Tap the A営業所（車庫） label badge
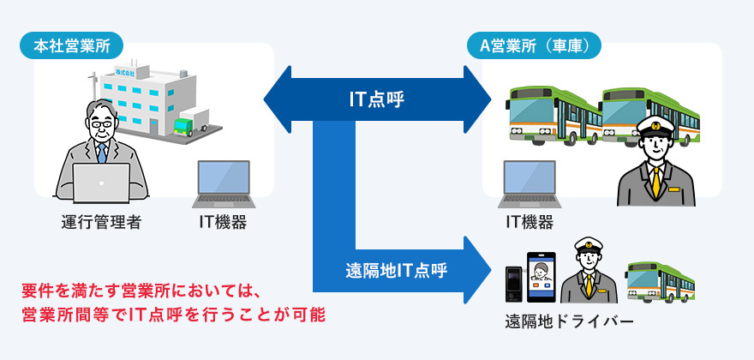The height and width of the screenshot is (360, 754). pyautogui.click(x=533, y=45)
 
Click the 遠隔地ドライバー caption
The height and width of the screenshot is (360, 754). pyautogui.click(x=569, y=323)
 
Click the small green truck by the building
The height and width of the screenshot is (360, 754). pyautogui.click(x=185, y=127)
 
